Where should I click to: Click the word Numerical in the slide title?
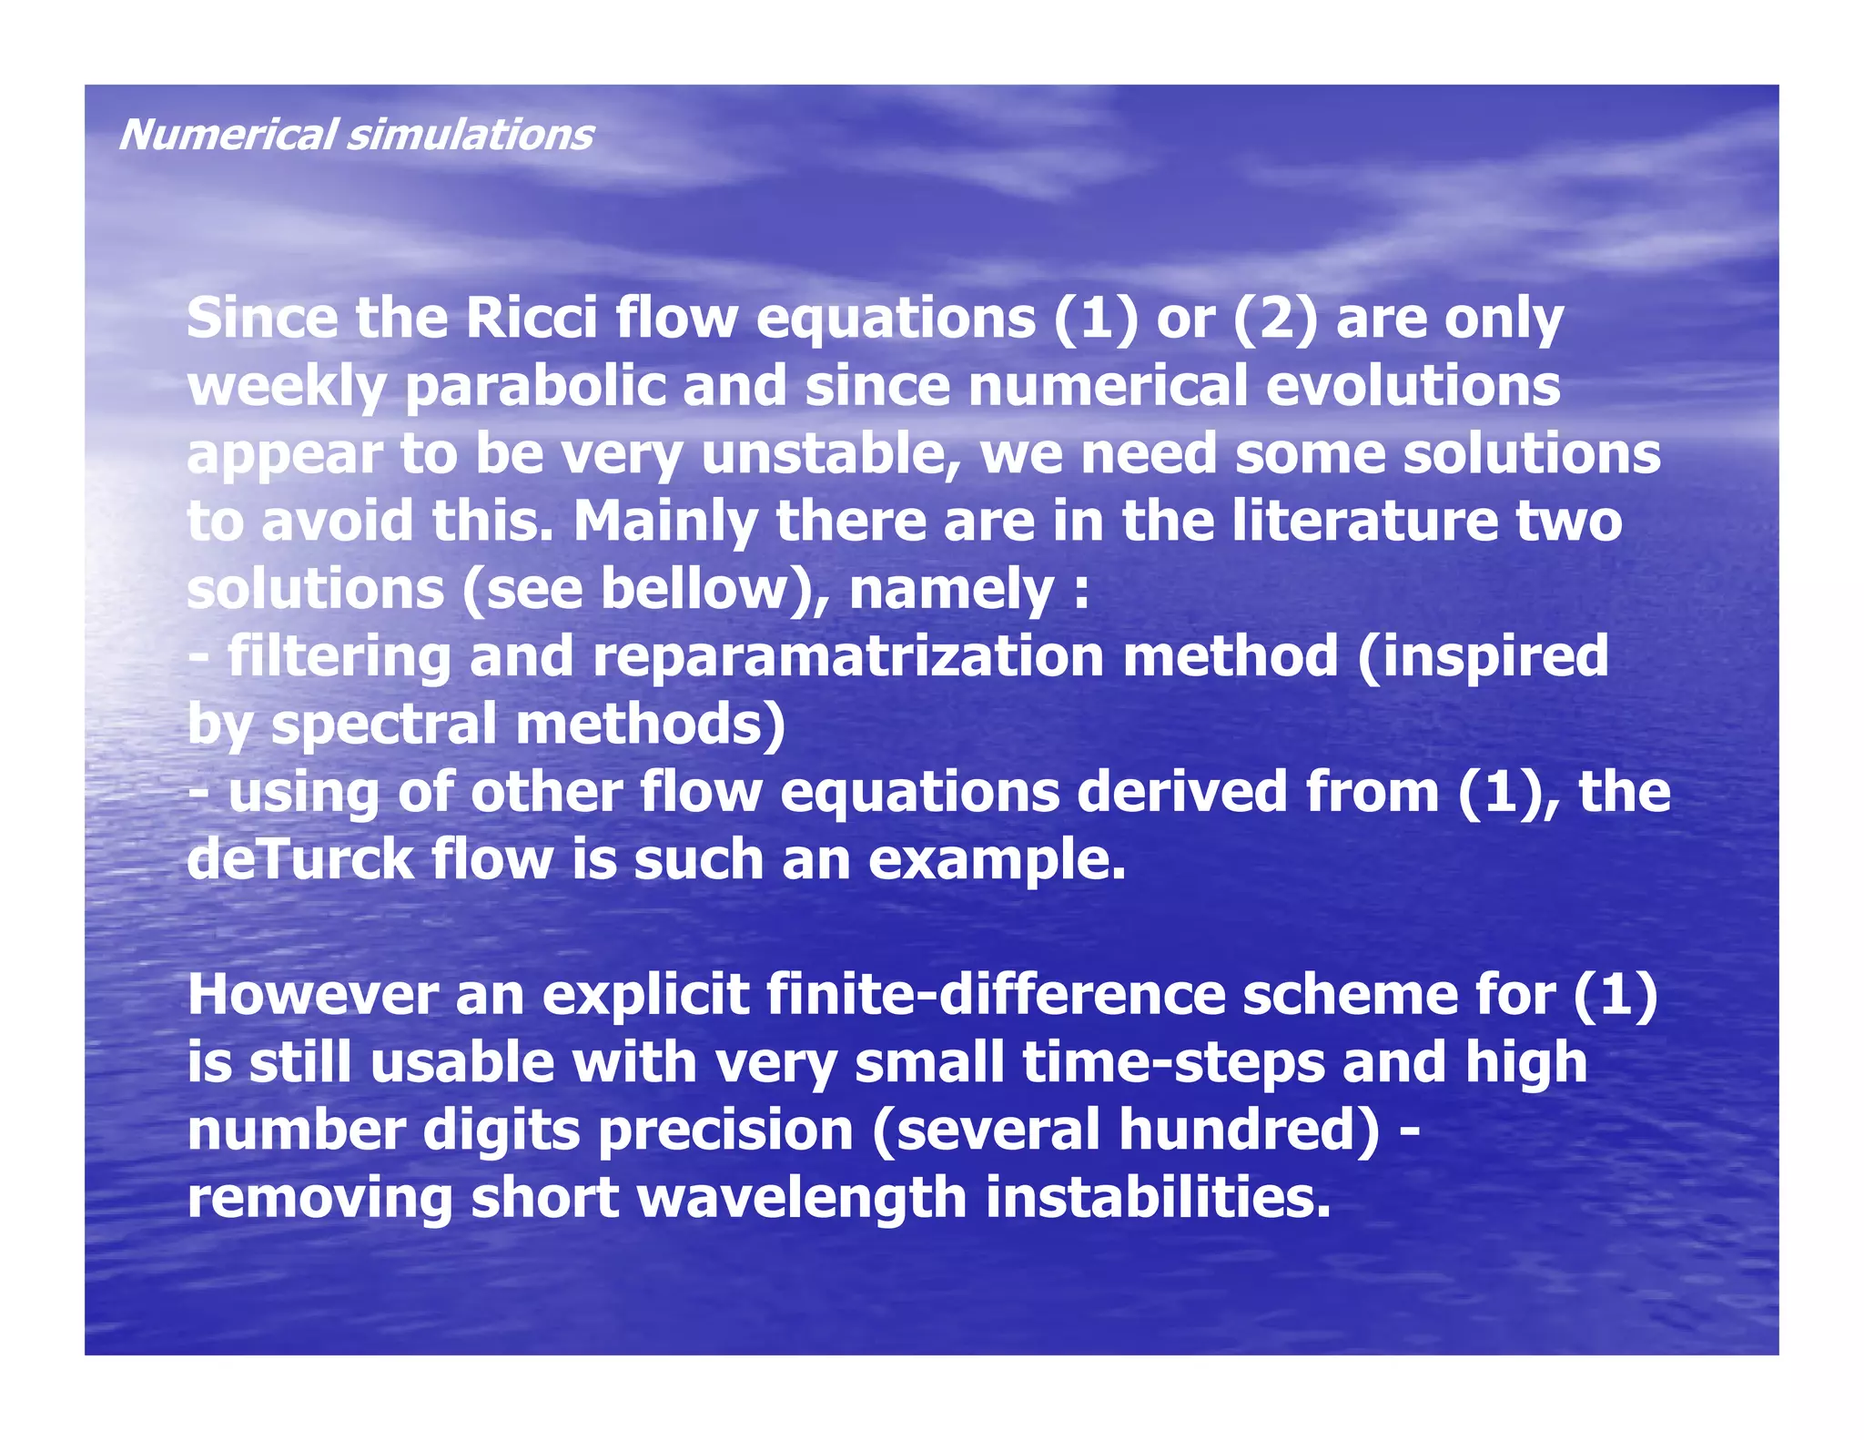point(228,135)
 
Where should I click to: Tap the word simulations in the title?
point(471,135)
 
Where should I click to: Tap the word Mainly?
point(665,521)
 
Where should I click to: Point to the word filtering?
point(339,656)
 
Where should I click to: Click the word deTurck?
point(300,859)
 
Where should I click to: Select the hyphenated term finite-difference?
point(997,994)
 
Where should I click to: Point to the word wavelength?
point(802,1197)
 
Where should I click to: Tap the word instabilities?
point(1159,1197)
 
